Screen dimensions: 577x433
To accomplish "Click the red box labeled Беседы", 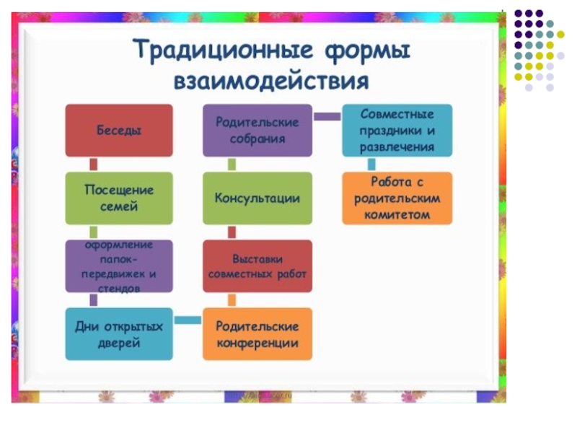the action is click(x=119, y=131).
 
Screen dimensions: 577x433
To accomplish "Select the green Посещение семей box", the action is click(x=119, y=198).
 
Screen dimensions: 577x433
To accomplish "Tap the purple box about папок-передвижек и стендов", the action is click(x=119, y=266).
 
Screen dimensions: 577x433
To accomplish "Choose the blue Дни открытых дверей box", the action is click(x=119, y=334).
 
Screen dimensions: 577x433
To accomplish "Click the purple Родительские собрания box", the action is click(x=257, y=131).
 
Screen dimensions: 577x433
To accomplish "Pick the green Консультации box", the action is click(x=257, y=198).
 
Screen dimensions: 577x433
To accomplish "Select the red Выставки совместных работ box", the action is click(x=257, y=266).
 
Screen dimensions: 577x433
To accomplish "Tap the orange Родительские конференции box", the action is click(x=257, y=334).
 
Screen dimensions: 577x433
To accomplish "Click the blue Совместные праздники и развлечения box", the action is click(x=397, y=131).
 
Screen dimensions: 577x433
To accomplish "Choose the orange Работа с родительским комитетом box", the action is click(x=397, y=198).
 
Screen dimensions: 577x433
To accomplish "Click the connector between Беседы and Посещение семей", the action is click(x=93, y=165).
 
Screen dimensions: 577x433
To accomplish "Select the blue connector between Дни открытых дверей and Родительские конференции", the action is click(x=188, y=320).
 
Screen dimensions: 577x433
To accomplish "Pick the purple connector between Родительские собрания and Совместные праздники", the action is click(x=327, y=116).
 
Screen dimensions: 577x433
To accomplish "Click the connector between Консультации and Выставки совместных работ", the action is click(x=232, y=232).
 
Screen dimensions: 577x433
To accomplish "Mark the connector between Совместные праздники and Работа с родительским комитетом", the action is click(x=371, y=164).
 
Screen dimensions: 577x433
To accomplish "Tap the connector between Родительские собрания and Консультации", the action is click(x=232, y=165).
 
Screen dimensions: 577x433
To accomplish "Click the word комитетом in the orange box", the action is click(x=397, y=214).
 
